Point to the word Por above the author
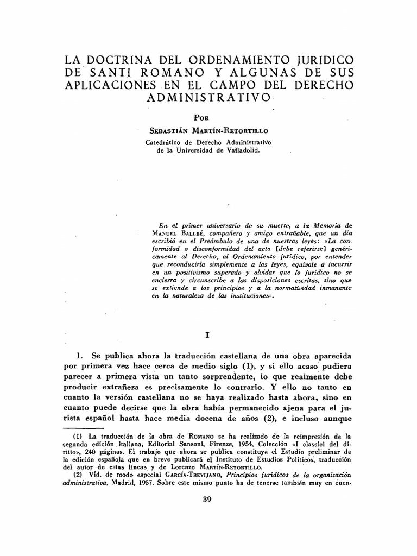[201, 117]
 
